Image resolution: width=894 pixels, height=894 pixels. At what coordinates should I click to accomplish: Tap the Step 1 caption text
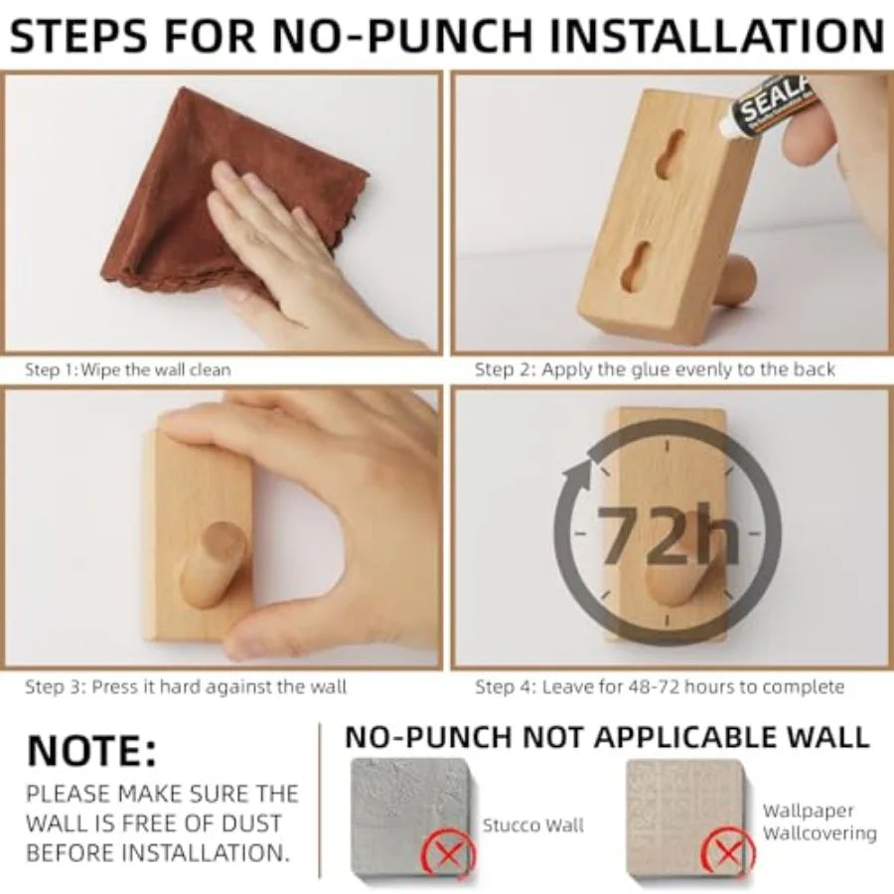coord(127,370)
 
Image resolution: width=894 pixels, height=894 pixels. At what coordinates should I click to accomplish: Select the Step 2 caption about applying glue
coord(655,370)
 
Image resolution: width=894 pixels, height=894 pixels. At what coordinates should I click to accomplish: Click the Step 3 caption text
coord(186,686)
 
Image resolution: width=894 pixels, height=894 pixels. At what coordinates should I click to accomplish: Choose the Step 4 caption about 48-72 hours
coord(660,686)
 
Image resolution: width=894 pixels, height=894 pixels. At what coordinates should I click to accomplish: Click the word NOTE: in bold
coord(91,751)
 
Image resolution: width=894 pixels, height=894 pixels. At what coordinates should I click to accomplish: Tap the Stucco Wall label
coord(533,824)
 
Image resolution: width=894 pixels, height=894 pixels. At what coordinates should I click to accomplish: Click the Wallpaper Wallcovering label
coord(819,822)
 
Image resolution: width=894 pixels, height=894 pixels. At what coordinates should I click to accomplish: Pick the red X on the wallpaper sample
coord(728,852)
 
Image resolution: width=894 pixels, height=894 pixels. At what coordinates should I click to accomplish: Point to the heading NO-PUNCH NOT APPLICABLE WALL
coord(607,737)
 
